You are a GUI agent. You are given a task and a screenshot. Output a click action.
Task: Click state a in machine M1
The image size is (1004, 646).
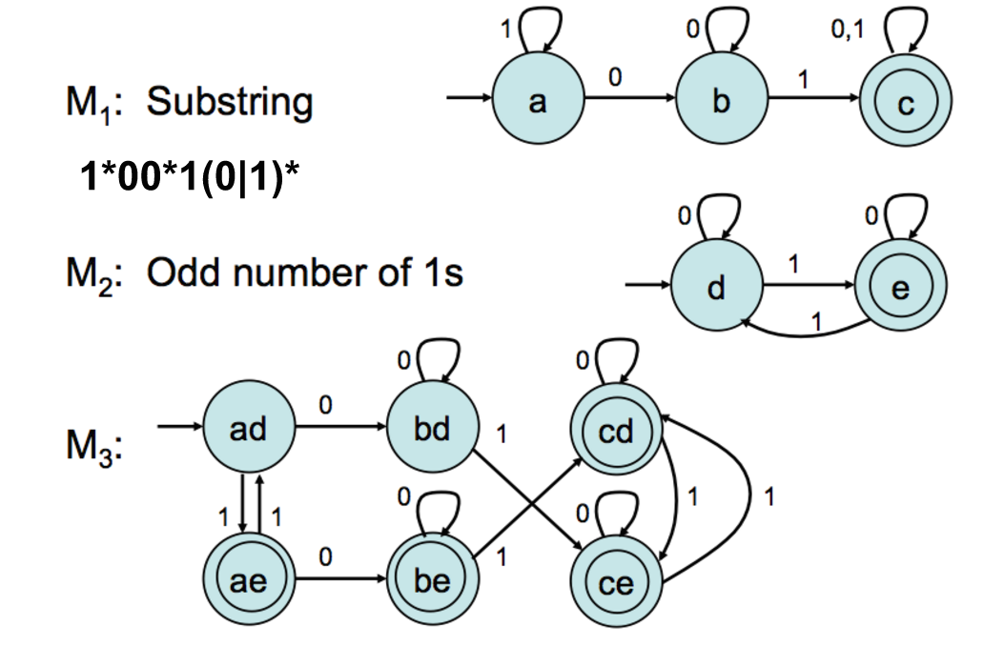[x=537, y=102]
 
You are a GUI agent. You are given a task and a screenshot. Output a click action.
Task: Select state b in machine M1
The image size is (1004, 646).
[x=721, y=102]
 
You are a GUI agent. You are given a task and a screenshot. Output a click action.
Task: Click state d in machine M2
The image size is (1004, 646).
[x=716, y=286]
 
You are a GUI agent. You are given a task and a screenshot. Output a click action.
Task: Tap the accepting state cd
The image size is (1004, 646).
[x=615, y=434]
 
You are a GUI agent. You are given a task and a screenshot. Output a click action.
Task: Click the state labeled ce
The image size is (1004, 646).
[x=615, y=582]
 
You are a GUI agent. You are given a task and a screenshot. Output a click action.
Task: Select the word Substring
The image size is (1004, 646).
[x=229, y=102]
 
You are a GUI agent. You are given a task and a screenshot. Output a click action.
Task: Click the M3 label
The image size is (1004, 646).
[x=92, y=446]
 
